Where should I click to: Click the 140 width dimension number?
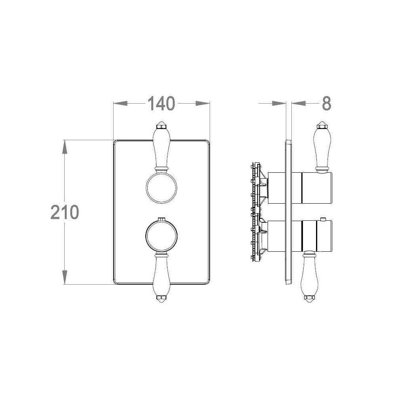point(161,103)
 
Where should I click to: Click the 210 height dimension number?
point(65,212)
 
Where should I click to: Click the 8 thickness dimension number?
point(326,103)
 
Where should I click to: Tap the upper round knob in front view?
point(161,188)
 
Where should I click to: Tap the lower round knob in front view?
point(161,236)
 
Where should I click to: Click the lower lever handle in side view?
point(309,276)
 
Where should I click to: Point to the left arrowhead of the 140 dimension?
point(120,103)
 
